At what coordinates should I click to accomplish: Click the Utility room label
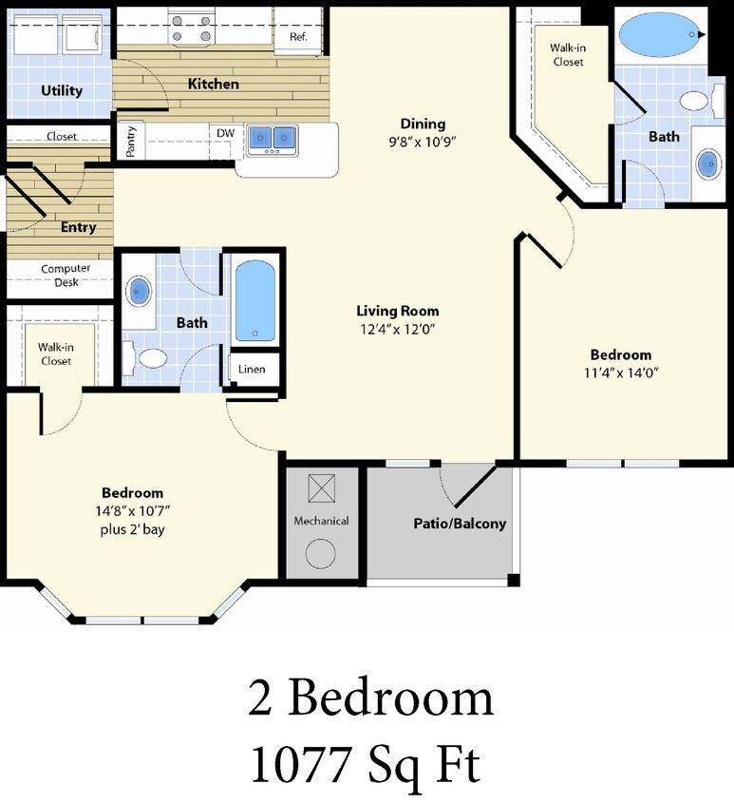coord(62,91)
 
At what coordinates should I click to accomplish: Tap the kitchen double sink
coord(272,139)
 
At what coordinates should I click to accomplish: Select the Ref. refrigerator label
coord(298,37)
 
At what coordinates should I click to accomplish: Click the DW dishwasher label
coord(225,133)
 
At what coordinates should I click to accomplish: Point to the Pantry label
coord(131,142)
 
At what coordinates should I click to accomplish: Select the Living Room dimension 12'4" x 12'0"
coord(398,329)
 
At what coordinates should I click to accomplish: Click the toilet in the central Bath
coord(147,357)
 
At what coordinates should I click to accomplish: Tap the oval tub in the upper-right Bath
coord(659,35)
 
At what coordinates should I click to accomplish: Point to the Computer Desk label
coord(66,275)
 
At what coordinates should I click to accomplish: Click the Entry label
coord(79,228)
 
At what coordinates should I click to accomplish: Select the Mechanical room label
coord(321,521)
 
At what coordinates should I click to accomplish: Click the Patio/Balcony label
coord(460,524)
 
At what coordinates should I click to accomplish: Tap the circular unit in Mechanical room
coord(320,554)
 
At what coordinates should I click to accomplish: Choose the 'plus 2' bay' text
coord(132,529)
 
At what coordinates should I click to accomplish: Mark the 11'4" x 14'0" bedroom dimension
coord(621,372)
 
